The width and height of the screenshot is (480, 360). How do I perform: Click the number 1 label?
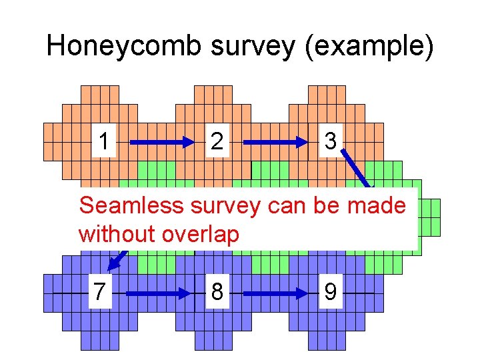point(104,141)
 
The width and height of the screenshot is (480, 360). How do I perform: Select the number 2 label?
point(217,141)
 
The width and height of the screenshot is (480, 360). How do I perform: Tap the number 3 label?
point(329,141)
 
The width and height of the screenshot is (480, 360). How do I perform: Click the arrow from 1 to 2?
point(160,142)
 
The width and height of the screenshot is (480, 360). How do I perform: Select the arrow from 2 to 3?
point(273,142)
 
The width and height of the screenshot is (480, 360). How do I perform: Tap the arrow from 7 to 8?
point(160,293)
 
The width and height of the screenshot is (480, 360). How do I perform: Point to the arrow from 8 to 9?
point(273,293)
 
